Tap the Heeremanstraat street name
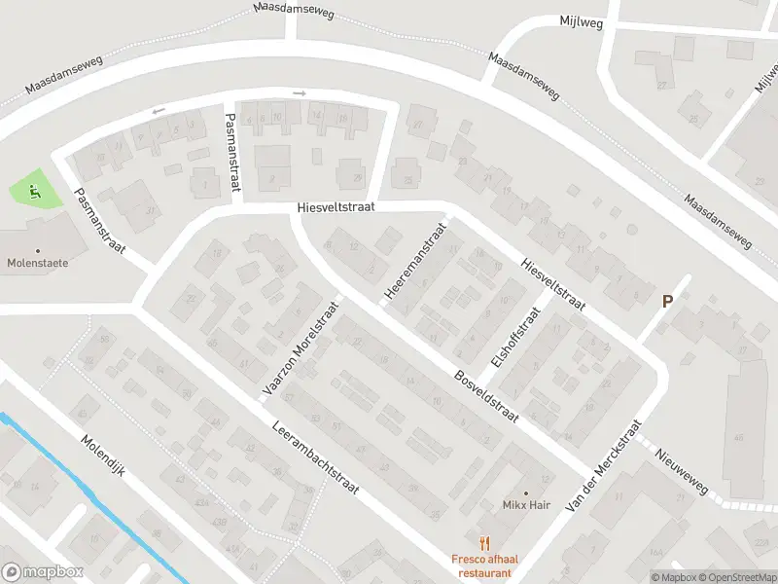coord(414,260)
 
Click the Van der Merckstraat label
coord(605,467)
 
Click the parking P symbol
coord(667,302)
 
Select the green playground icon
coord(35,191)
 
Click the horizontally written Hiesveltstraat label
coord(336,207)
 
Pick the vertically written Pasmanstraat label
coord(231,149)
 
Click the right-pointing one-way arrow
coord(299,93)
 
